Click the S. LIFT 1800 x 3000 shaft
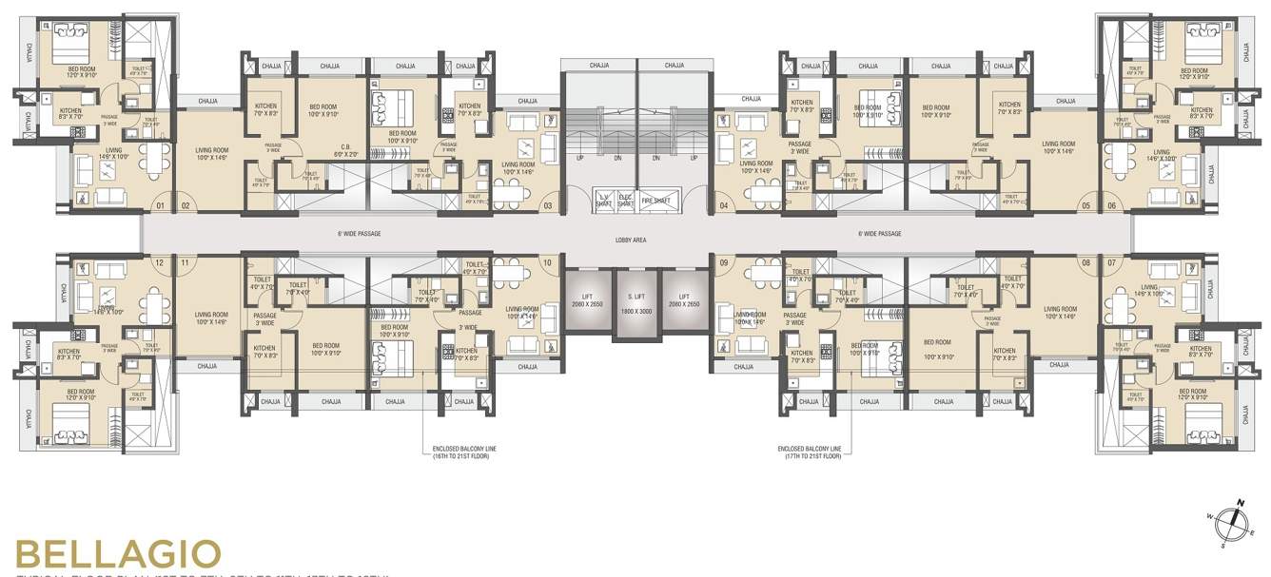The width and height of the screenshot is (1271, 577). (x=635, y=306)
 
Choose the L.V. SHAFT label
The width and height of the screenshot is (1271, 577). (x=601, y=201)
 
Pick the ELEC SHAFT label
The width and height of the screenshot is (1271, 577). (x=625, y=201)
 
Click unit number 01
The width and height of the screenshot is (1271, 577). (x=160, y=205)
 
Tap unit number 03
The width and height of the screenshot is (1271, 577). (x=548, y=205)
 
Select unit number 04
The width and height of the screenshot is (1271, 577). (x=724, y=205)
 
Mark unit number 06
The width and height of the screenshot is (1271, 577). (x=1111, y=205)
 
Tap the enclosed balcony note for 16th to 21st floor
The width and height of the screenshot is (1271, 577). (x=464, y=452)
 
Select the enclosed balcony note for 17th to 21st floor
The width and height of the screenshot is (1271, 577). (x=809, y=452)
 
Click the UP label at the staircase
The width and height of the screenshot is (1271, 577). (x=579, y=158)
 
